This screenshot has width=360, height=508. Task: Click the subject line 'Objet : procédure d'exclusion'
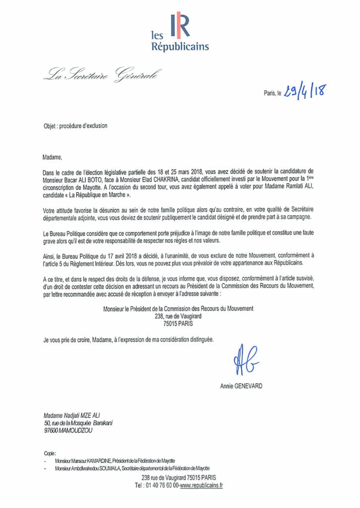tap(75, 126)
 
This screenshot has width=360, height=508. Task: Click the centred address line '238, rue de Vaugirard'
tap(178, 316)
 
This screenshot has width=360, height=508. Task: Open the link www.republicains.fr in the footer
tap(202, 485)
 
